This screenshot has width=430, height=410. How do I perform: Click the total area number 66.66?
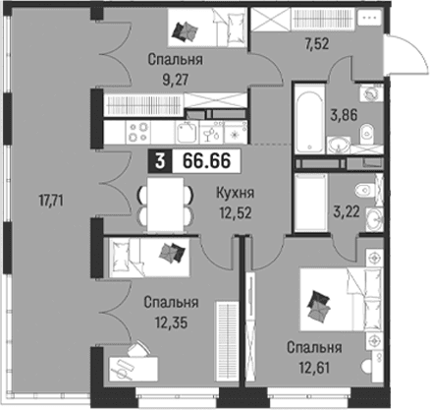click(207, 161)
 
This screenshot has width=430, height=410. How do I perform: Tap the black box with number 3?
click(160, 161)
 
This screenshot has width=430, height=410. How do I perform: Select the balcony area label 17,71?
click(51, 201)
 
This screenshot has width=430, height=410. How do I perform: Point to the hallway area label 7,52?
click(316, 43)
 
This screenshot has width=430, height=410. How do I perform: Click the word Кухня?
click(235, 193)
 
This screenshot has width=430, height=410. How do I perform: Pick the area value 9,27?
click(176, 80)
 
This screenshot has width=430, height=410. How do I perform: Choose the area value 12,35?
click(171, 322)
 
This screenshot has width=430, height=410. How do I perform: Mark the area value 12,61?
click(314, 368)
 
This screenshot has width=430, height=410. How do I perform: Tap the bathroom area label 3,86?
click(344, 115)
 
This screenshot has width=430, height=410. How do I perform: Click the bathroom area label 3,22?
click(347, 211)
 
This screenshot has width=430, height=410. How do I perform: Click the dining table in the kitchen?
click(165, 205)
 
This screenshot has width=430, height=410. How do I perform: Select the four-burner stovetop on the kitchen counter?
click(137, 132)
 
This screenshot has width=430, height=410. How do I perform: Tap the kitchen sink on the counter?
click(187, 132)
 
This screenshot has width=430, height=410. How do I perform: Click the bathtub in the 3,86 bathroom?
click(309, 118)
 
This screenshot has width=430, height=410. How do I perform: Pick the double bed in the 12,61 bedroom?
click(341, 300)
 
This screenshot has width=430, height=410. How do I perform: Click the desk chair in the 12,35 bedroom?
click(138, 348)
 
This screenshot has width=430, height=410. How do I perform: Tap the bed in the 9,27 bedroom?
click(206, 28)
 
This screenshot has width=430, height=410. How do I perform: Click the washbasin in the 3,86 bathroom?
click(339, 146)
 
